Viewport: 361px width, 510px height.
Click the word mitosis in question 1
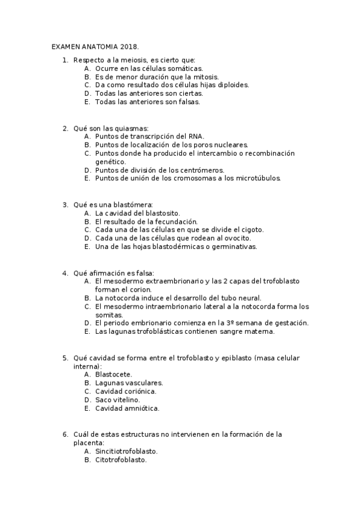click(x=205, y=77)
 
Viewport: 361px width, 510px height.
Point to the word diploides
click(x=231, y=85)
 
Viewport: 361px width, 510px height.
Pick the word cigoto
click(x=250, y=230)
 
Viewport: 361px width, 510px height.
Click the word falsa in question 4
click(x=143, y=272)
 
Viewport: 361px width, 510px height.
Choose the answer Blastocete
click(x=114, y=374)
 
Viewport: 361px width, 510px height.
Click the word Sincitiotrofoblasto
click(x=127, y=450)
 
